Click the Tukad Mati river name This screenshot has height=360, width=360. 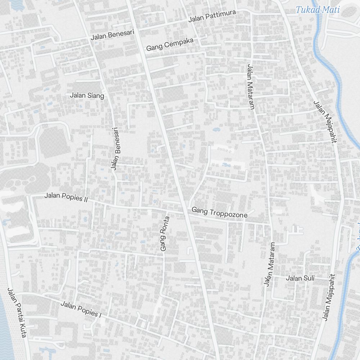pyautogui.click(x=318, y=10)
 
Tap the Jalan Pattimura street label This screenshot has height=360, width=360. pyautogui.click(x=212, y=16)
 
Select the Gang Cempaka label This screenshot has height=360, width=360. pyautogui.click(x=170, y=44)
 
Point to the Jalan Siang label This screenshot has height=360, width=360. pyautogui.click(x=87, y=95)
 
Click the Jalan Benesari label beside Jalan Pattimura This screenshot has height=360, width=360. pyautogui.click(x=112, y=35)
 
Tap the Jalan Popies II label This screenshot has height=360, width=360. pyautogui.click(x=66, y=197)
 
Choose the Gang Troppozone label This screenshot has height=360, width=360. pyautogui.click(x=220, y=212)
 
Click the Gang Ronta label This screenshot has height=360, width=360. pyautogui.click(x=165, y=233)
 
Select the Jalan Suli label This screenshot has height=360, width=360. pyautogui.click(x=300, y=278)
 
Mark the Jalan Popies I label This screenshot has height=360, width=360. pyautogui.click(x=81, y=309)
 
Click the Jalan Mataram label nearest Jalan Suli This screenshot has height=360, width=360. pyautogui.click(x=269, y=264)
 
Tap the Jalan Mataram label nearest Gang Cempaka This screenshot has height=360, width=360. pyautogui.click(x=251, y=86)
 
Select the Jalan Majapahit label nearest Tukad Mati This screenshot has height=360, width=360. pyautogui.click(x=325, y=122)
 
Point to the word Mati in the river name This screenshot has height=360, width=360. pyautogui.click(x=330, y=10)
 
